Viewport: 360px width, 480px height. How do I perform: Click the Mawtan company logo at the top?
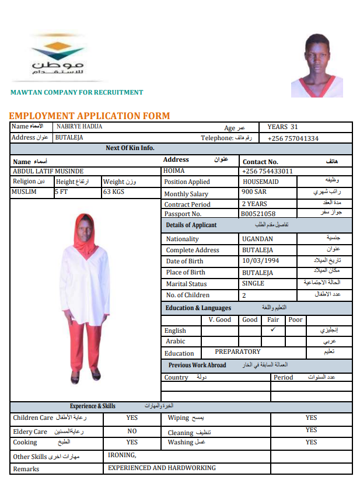(x=58, y=56)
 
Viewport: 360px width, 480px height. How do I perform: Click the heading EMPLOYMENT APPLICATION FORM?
(x=89, y=116)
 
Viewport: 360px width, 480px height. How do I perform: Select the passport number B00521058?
(x=258, y=214)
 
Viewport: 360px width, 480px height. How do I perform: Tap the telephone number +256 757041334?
(x=293, y=138)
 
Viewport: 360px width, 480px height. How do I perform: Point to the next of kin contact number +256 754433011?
(x=267, y=171)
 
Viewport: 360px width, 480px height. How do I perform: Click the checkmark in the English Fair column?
(x=273, y=330)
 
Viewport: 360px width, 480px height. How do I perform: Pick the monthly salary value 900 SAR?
(x=254, y=192)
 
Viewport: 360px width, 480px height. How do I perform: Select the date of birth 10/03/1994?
(x=261, y=261)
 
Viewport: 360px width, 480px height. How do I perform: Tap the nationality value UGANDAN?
(x=257, y=239)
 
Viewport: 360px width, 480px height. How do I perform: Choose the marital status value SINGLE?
(x=253, y=283)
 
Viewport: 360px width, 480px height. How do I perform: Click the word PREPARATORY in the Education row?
(x=237, y=352)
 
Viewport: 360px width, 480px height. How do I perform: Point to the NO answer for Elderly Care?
(x=132, y=431)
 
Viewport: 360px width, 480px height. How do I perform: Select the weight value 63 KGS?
(x=114, y=192)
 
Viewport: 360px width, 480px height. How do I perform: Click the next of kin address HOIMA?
(x=175, y=171)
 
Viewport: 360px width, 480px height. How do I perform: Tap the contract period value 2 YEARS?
(x=254, y=204)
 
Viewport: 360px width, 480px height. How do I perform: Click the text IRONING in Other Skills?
(x=122, y=455)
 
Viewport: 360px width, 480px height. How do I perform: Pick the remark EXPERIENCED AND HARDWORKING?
(x=162, y=468)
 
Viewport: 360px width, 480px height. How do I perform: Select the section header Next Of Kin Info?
(x=130, y=148)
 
